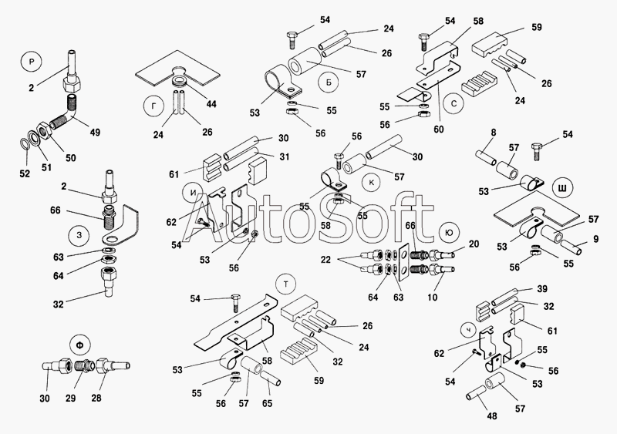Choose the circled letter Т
286,284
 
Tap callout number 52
25,173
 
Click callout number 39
541,289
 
